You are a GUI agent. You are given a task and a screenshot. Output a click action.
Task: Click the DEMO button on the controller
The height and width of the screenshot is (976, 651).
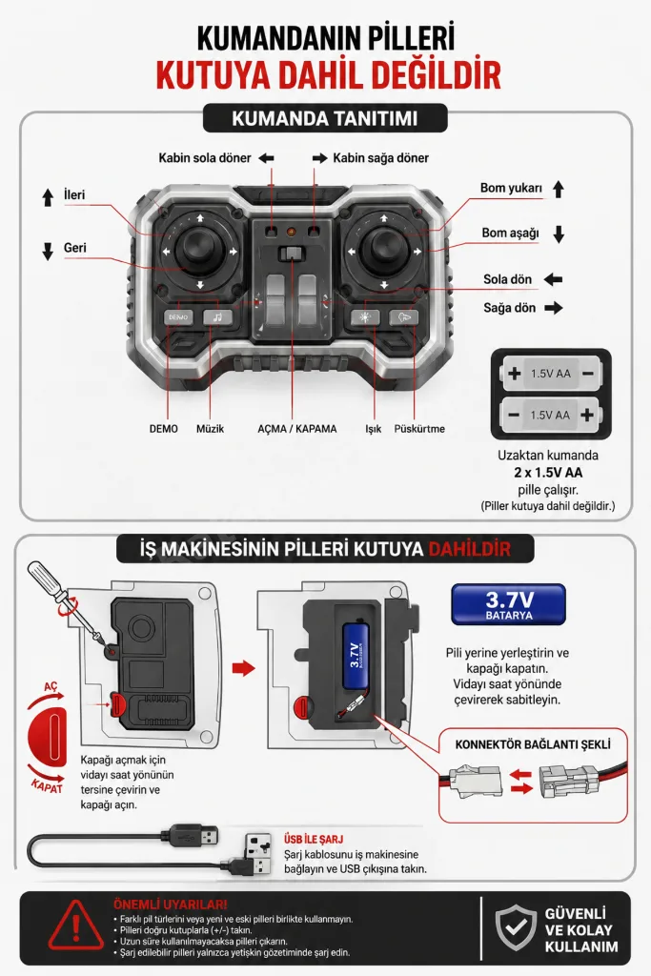point(178,316)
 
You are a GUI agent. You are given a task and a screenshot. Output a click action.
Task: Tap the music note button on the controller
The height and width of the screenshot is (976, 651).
point(217,316)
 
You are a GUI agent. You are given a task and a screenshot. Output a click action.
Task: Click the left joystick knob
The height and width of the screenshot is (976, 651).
point(198,249)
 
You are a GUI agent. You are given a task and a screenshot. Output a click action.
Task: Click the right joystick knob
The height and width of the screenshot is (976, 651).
point(383,249)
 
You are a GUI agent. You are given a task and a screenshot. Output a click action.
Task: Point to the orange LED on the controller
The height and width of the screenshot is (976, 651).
point(291,233)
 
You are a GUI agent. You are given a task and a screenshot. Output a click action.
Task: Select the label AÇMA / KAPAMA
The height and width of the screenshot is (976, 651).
point(296,429)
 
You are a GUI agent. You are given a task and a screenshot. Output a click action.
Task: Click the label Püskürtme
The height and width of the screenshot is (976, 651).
point(419,429)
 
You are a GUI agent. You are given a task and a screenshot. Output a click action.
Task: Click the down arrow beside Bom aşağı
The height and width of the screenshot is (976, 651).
point(559,234)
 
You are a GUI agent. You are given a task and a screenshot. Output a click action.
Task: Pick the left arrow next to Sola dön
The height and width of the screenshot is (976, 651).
point(553,279)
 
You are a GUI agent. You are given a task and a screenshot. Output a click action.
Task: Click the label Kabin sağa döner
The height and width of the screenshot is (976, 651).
point(381,158)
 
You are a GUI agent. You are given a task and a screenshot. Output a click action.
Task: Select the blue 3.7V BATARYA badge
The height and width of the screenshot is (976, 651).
point(508,604)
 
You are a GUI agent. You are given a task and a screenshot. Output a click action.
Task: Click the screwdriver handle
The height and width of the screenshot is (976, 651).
point(45,578)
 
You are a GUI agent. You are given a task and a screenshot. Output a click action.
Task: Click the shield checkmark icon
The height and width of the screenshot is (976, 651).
point(516,928)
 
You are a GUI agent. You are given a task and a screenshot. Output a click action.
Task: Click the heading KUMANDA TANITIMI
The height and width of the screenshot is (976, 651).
point(325,118)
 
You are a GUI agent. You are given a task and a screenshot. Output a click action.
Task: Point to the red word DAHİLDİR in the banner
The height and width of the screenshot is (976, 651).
point(470,549)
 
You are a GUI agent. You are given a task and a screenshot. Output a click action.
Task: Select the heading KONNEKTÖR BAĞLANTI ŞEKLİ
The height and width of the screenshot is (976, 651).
point(533,744)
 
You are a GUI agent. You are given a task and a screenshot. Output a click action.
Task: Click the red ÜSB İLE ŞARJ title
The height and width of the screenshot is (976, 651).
point(314,839)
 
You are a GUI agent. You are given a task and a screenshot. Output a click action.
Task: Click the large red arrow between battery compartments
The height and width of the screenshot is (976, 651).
point(244,668)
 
